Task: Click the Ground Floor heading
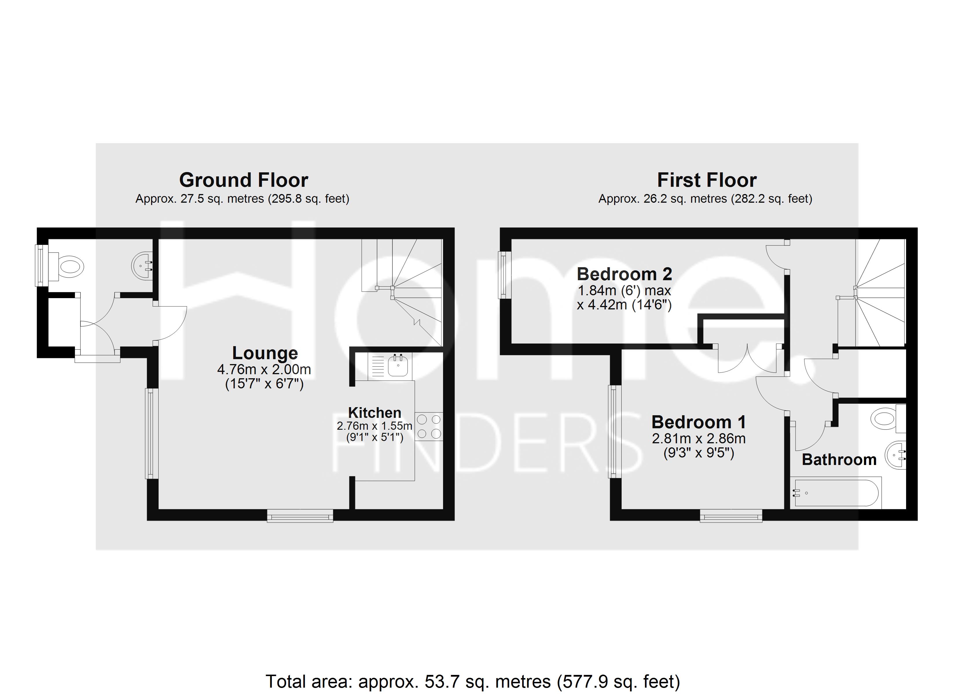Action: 244,180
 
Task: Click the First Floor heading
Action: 707,180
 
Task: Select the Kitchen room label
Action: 375,412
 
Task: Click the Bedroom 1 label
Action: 699,422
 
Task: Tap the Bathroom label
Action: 839,459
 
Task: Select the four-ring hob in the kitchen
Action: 429,426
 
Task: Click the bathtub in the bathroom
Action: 836,493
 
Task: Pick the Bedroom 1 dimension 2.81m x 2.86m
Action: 699,439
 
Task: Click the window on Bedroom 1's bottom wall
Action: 731,516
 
